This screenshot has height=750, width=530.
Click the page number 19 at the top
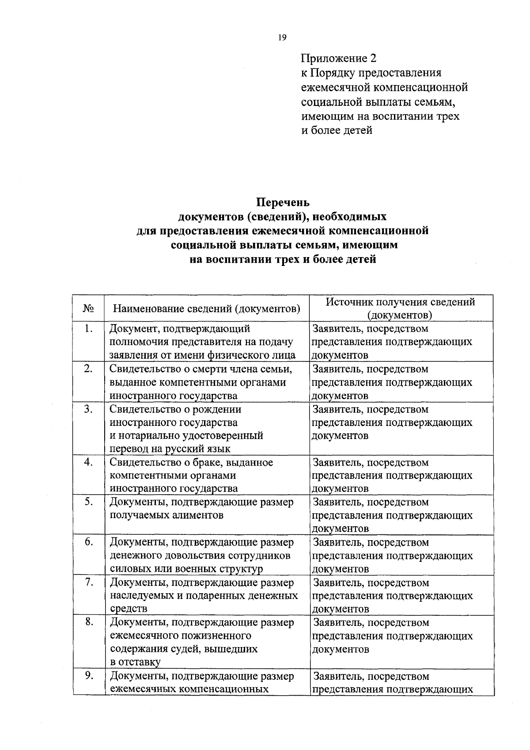pyautogui.click(x=282, y=38)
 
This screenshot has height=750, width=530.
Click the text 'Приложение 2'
pyautogui.click(x=340, y=58)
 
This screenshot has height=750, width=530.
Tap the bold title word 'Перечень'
pyautogui.click(x=283, y=202)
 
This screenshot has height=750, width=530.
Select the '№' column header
pyautogui.click(x=88, y=308)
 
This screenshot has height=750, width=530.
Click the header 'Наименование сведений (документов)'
pyautogui.click(x=207, y=308)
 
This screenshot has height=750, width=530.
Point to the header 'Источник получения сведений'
pyautogui.click(x=400, y=302)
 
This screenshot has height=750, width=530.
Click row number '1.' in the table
pyautogui.click(x=88, y=329)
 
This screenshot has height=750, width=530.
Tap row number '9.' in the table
pyautogui.click(x=88, y=676)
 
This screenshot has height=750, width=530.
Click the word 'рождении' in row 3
pyautogui.click(x=220, y=409)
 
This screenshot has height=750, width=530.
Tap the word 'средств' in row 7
pyautogui.click(x=129, y=609)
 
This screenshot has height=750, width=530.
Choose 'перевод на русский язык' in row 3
pyautogui.click(x=170, y=449)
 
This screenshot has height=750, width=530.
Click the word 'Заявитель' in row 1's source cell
pyautogui.click(x=338, y=329)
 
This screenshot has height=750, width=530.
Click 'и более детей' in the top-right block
pyautogui.click(x=337, y=130)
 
